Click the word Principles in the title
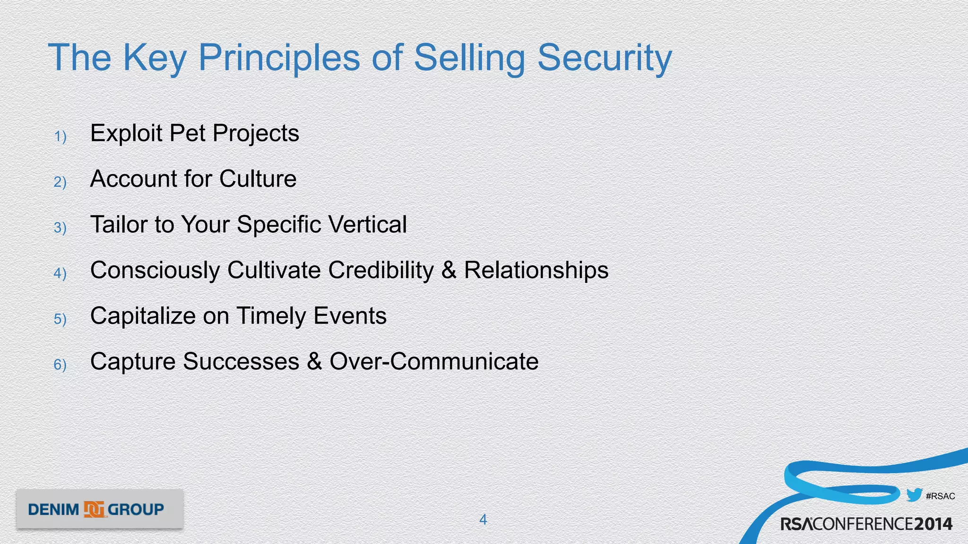[x=279, y=58]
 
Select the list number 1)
[x=60, y=136]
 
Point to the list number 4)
[x=60, y=273]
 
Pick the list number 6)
[x=60, y=365]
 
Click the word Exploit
[x=126, y=133]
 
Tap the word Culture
[x=258, y=178]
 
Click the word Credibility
[x=380, y=270]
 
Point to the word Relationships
[x=536, y=270]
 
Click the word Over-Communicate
[x=434, y=361]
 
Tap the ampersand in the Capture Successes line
[x=314, y=361]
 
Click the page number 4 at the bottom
[x=483, y=519]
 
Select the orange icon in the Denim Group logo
[x=94, y=510]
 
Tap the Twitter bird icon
[x=914, y=495]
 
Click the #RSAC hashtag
[x=940, y=496]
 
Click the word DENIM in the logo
[x=53, y=510]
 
